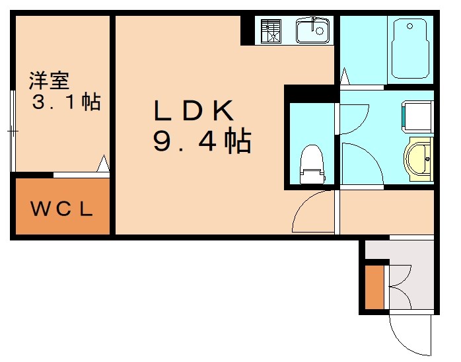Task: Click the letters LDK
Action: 194,111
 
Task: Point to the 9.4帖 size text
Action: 202,141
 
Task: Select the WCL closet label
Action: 61,209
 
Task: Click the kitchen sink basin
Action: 313,30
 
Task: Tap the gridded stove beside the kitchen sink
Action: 271,30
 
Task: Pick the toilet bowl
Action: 311,164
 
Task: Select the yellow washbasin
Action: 419,159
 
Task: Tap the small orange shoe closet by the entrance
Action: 374,287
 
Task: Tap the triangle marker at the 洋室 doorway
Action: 103,163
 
